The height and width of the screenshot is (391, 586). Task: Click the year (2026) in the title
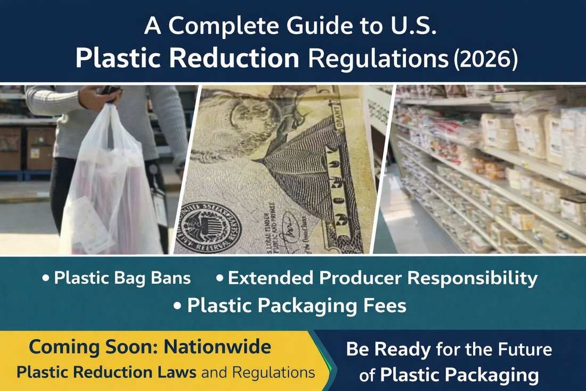(x=485, y=59)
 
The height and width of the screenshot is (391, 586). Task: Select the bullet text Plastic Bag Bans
(x=122, y=278)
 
